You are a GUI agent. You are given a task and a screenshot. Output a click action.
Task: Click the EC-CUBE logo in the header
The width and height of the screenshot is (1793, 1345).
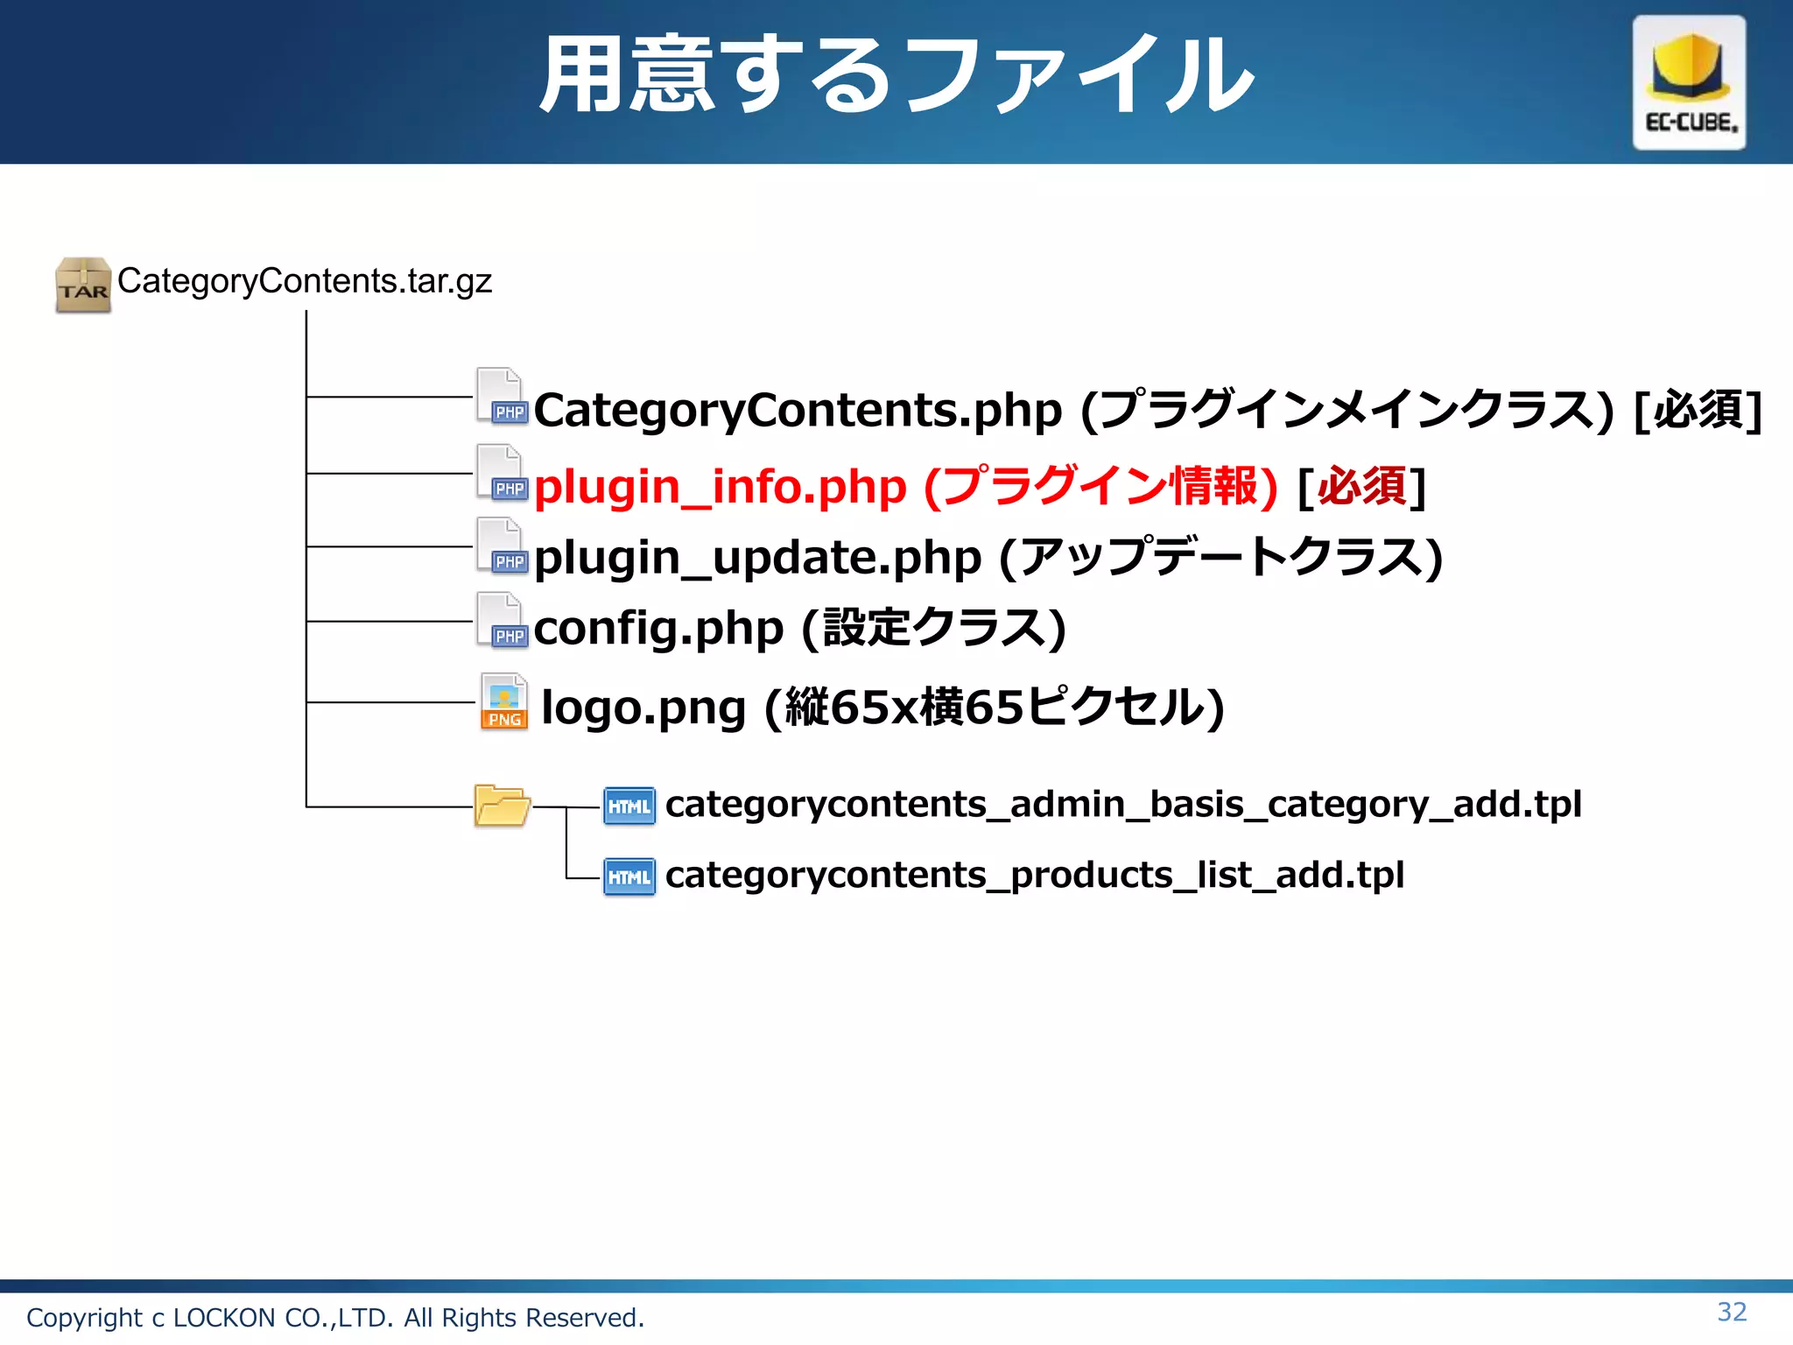[x=1689, y=82]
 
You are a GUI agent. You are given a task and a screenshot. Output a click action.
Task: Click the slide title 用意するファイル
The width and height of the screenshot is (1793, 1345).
[x=896, y=75]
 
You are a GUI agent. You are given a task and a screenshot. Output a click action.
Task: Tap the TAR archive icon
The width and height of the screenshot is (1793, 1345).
[x=83, y=285]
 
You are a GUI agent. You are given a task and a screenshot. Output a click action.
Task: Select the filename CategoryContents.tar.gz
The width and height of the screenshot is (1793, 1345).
[x=305, y=281]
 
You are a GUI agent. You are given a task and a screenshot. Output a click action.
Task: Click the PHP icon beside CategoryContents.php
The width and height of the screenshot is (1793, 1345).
[x=502, y=397]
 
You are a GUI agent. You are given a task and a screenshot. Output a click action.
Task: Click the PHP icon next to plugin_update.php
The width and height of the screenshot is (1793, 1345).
[x=502, y=546]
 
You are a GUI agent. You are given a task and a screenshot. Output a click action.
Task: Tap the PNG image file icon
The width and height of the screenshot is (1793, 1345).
[x=503, y=701]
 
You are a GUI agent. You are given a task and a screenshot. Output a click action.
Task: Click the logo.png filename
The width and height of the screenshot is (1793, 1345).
[x=643, y=708]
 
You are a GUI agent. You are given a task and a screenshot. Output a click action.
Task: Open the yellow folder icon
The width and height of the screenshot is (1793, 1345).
[x=502, y=806]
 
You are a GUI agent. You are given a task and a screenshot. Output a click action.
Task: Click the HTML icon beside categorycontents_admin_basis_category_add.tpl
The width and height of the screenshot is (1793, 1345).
[x=629, y=806]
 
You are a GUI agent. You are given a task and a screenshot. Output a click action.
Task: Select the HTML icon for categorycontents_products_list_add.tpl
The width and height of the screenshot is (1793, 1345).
[x=629, y=877]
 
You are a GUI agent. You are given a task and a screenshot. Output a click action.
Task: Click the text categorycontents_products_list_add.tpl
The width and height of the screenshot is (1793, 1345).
[x=1034, y=875]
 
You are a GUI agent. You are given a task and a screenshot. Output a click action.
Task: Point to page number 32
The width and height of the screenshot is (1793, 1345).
[x=1732, y=1312]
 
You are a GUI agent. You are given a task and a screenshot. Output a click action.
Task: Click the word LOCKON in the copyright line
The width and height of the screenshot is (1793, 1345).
[x=224, y=1318]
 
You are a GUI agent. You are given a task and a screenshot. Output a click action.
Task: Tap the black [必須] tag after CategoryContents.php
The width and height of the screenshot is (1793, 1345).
[x=1698, y=410]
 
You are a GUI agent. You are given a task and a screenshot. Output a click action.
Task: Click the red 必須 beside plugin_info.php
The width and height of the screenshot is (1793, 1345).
[x=1362, y=487]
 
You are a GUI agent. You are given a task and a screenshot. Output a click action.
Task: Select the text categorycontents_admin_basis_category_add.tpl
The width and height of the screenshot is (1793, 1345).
[x=1123, y=804]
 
